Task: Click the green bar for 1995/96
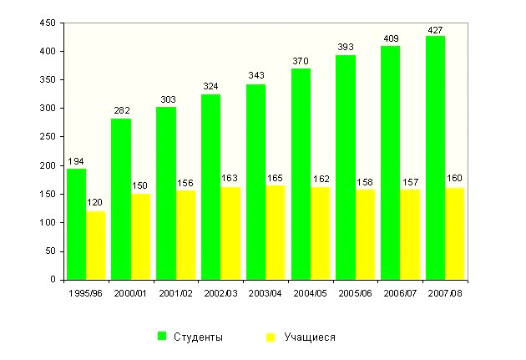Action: pyautogui.click(x=76, y=224)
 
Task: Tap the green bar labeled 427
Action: pyautogui.click(x=435, y=158)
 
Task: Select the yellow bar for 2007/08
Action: pyautogui.click(x=455, y=234)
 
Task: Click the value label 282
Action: pyautogui.click(x=121, y=109)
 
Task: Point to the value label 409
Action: pyautogui.click(x=390, y=38)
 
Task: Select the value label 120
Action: pyautogui.click(x=96, y=203)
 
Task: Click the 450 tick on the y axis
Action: pyautogui.click(x=48, y=23)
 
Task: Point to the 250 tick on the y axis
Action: pyautogui.click(x=48, y=137)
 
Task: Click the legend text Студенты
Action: pyautogui.click(x=198, y=337)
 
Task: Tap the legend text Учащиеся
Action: pyautogui.click(x=310, y=337)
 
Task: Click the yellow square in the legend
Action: pyautogui.click(x=271, y=337)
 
